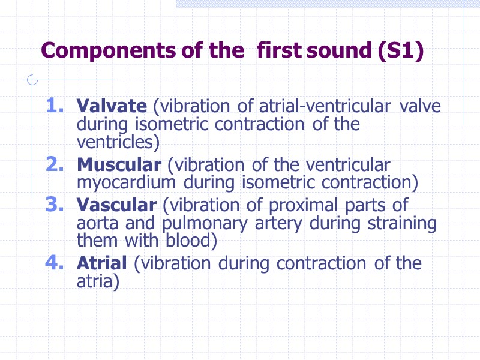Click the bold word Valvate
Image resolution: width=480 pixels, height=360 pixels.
(x=112, y=106)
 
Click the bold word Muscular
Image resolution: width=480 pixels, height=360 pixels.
(x=119, y=164)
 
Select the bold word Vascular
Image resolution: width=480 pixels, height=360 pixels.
(x=116, y=205)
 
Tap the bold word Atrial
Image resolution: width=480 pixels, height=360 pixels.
(x=102, y=263)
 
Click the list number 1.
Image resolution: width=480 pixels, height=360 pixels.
(x=55, y=106)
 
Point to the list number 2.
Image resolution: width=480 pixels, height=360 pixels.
(x=55, y=164)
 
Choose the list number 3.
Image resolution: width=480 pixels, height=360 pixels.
(x=55, y=205)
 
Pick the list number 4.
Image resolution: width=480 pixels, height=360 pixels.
(x=55, y=263)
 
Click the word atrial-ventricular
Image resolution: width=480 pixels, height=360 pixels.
(x=325, y=107)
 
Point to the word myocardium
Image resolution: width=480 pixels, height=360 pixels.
(x=126, y=182)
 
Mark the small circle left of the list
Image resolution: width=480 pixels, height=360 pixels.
(x=33, y=80)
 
